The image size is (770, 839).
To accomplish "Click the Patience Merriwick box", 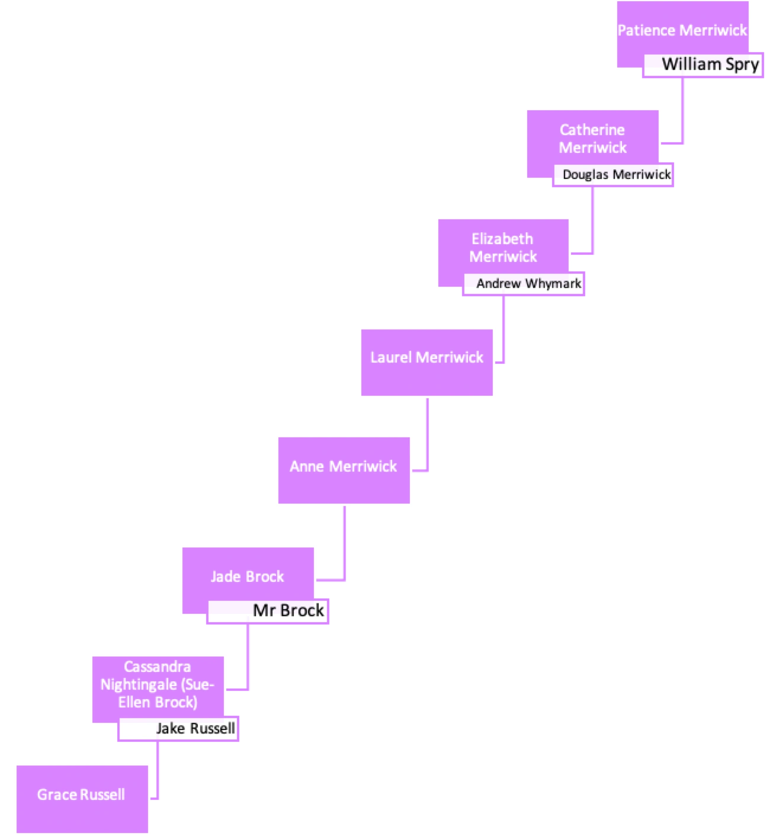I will (682, 31).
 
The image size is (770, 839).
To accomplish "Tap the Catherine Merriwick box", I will (592, 139).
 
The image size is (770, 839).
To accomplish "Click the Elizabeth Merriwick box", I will (503, 248).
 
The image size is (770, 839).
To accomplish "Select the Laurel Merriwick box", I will (426, 357).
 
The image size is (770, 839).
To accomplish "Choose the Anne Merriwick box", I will (344, 466).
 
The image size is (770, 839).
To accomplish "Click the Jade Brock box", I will (248, 577).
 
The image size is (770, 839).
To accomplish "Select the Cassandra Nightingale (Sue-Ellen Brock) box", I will (158, 685).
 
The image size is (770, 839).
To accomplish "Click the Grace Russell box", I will (81, 795).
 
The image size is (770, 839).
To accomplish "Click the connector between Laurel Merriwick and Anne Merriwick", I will (426, 438).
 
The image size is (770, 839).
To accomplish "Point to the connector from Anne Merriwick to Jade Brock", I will (345, 545).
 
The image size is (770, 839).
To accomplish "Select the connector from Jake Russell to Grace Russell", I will (156, 770).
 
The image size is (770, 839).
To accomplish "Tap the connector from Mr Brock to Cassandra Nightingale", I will (246, 658).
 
